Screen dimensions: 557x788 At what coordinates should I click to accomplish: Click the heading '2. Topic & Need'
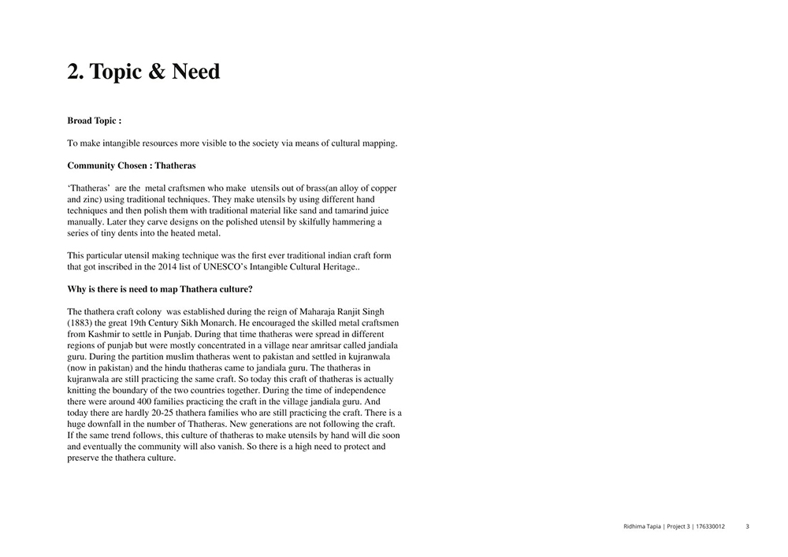pyautogui.click(x=143, y=72)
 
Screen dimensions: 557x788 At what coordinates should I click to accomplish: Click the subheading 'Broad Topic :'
pyautogui.click(x=94, y=121)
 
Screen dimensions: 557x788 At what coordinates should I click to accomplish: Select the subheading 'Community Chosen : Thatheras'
pyautogui.click(x=132, y=165)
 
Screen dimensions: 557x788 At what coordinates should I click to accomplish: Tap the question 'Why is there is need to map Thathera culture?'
pyautogui.click(x=160, y=289)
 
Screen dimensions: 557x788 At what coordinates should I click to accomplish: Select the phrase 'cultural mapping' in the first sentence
pyautogui.click(x=361, y=143)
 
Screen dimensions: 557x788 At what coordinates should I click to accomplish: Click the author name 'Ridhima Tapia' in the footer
pyautogui.click(x=636, y=526)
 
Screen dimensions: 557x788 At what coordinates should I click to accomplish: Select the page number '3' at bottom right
pyautogui.click(x=747, y=526)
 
